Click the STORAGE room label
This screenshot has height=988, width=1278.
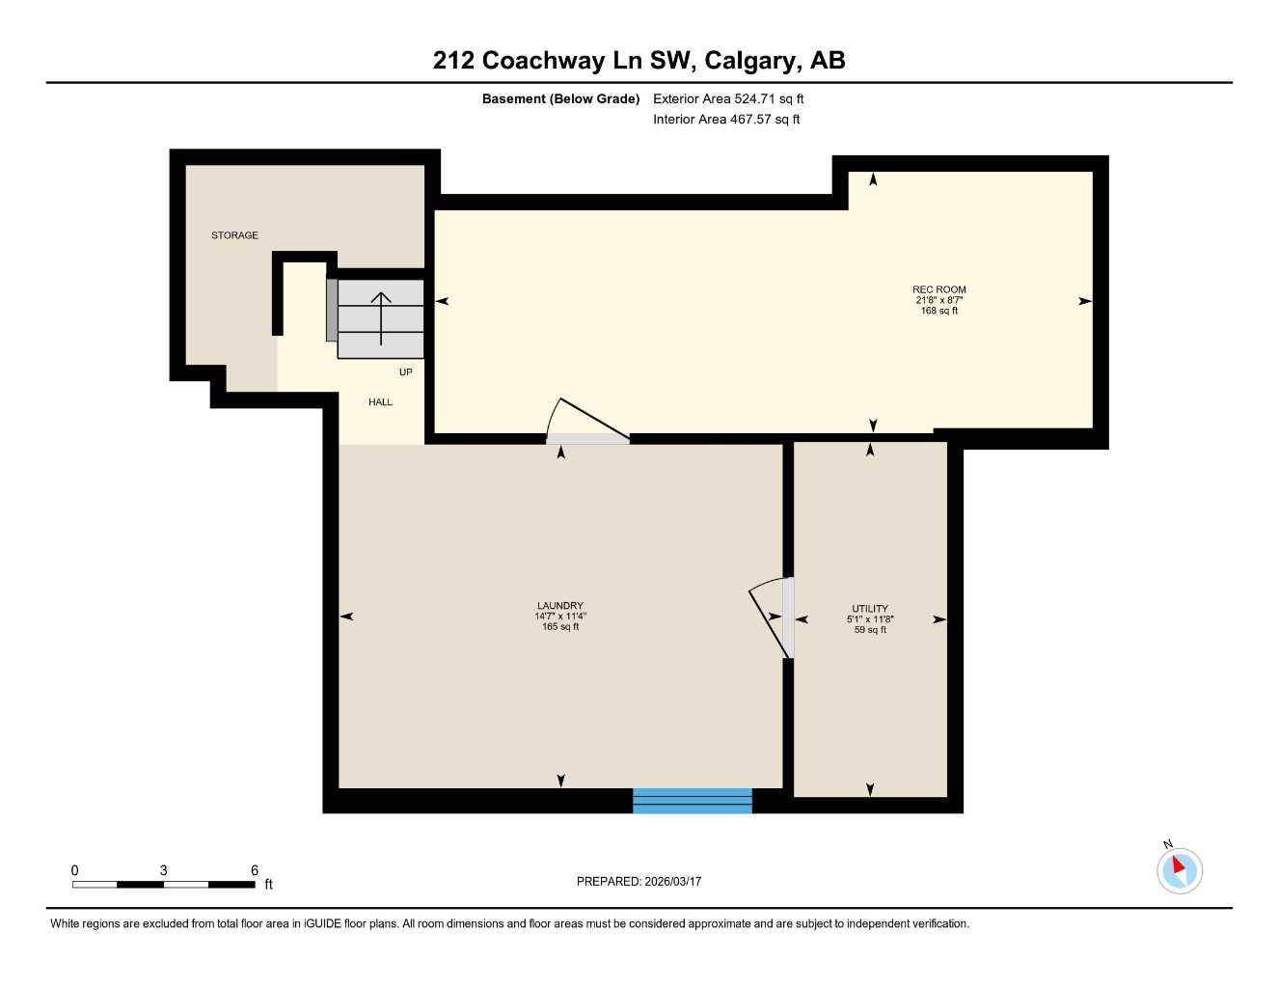[x=234, y=235]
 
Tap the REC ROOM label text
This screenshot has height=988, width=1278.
[x=938, y=289]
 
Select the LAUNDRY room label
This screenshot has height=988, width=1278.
[x=560, y=606]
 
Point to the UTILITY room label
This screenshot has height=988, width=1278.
[x=869, y=609]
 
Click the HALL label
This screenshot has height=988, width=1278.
[x=380, y=402]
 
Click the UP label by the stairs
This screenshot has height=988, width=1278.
[x=405, y=372]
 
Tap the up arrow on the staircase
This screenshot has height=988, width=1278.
[x=381, y=316]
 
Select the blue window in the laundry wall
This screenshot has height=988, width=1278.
[x=692, y=801]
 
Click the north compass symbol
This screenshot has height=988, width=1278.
[x=1179, y=869]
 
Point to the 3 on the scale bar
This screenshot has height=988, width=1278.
[x=163, y=870]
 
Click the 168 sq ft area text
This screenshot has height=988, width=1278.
[x=938, y=311]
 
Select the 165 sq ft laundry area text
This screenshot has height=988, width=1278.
[x=560, y=627]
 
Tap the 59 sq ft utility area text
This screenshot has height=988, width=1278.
[x=869, y=630]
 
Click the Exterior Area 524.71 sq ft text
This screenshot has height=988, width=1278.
[x=727, y=98]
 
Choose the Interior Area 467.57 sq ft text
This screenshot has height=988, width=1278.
[x=725, y=120]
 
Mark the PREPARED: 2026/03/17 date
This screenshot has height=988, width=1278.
[x=639, y=881]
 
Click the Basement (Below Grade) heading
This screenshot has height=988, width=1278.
[x=560, y=98]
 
